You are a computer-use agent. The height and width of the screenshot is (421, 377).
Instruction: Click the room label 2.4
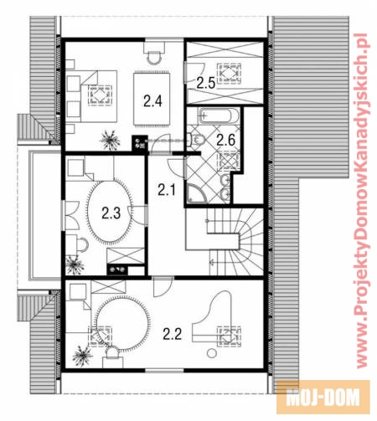coord(152,100)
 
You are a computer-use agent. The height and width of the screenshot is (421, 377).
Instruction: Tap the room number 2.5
coord(206,83)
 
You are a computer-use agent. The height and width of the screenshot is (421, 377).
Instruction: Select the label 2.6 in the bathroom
coord(225,140)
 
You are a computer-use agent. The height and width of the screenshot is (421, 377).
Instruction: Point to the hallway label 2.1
coord(167,190)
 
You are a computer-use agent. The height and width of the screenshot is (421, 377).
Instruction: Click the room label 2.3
coord(111,213)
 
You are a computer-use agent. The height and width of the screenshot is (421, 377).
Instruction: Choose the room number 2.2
coord(173,334)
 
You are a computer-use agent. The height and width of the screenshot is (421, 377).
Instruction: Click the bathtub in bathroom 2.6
coord(219,116)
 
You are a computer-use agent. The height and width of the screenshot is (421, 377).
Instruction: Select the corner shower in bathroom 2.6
coord(197,193)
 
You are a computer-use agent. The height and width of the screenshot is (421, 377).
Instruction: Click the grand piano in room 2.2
coord(212,318)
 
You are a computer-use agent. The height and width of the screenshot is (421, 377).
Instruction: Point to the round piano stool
coord(212,353)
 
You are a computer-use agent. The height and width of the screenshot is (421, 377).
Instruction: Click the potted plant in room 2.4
coord(110,141)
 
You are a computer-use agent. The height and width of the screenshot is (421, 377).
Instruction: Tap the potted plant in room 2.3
coord(75,264)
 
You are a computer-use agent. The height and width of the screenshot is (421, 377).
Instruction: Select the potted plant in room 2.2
coord(82,356)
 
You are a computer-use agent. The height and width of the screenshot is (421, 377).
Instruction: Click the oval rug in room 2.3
coord(110,212)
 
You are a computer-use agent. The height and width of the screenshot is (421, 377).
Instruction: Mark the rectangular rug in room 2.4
coord(152,99)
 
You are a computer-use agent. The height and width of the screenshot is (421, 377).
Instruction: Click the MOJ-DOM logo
coord(323,397)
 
